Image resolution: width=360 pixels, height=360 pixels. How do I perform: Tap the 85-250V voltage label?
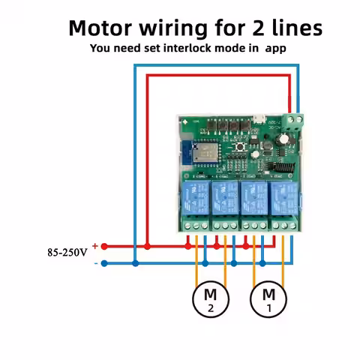click(67, 253)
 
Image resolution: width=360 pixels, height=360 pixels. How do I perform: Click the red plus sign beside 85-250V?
click(95, 245)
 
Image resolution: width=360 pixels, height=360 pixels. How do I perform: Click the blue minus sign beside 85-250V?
click(95, 262)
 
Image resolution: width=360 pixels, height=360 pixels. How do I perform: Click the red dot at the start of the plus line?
click(105, 246)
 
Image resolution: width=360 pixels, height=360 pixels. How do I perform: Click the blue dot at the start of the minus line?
click(105, 263)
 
